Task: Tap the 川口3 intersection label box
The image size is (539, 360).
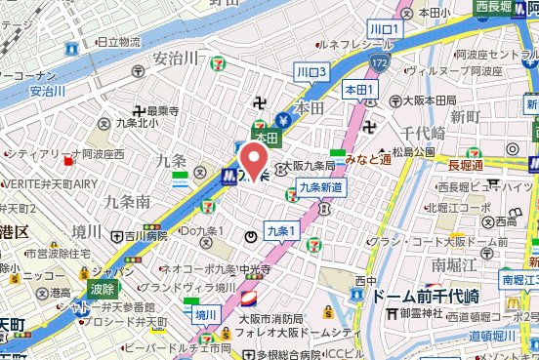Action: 312,71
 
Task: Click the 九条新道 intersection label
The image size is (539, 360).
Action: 320,186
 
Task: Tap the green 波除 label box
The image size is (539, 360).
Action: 102,288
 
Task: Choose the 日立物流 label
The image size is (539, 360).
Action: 113,42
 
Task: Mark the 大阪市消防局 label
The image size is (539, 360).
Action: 260,315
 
